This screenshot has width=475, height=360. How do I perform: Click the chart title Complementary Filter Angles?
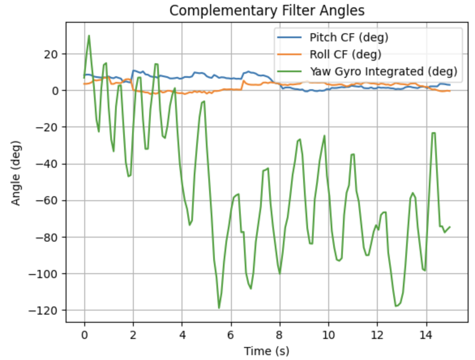(267, 11)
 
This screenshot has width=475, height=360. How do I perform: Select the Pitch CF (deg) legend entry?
(349, 38)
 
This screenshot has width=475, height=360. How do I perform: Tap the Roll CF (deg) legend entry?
(345, 54)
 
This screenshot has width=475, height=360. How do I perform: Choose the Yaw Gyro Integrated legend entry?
(383, 71)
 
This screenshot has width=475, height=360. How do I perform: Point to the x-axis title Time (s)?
(266, 351)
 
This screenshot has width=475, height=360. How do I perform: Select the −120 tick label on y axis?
(45, 310)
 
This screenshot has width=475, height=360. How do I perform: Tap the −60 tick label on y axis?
(48, 201)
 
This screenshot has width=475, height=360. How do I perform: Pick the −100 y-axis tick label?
(45, 274)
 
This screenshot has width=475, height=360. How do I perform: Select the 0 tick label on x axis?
(84, 335)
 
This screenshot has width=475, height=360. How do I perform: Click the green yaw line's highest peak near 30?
(89, 35)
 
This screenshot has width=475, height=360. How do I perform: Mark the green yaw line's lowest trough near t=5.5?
(219, 308)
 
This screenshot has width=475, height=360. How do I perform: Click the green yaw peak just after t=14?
(434, 133)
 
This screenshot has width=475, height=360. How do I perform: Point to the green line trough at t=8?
(280, 274)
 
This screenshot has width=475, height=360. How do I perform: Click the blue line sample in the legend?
(289, 38)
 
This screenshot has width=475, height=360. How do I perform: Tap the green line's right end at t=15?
(450, 227)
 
